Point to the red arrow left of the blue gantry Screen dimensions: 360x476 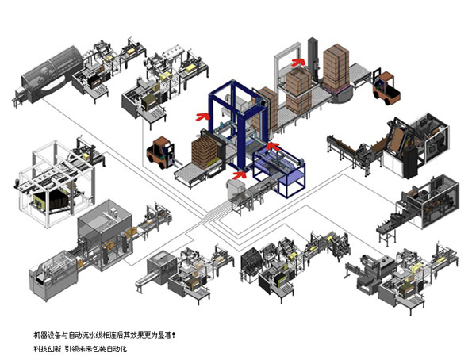pyautogui.click(x=204, y=116)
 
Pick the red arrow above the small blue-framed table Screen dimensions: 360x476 pyautogui.click(x=271, y=146)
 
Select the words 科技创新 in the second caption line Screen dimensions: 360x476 pyautogui.click(x=46, y=349)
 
